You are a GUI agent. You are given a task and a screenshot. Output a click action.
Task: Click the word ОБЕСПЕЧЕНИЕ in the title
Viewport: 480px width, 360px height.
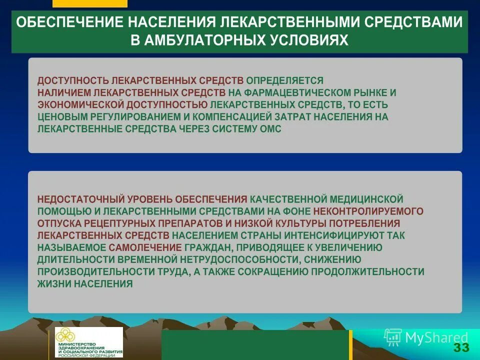point(70,23)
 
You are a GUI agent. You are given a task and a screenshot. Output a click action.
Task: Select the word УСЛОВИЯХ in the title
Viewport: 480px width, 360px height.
point(312,40)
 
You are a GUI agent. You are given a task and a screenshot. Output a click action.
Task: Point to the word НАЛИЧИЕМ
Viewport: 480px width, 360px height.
point(67,92)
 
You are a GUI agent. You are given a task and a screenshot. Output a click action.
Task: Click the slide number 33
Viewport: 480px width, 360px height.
point(461,348)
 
